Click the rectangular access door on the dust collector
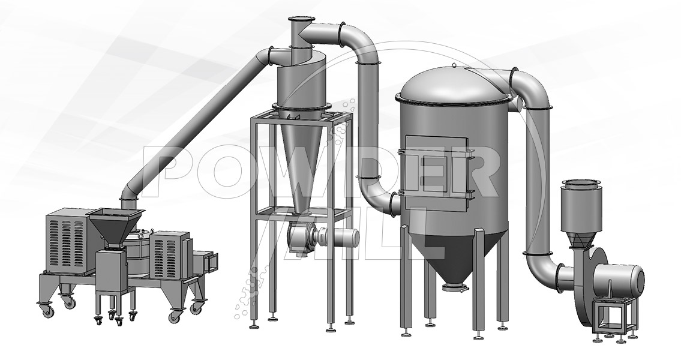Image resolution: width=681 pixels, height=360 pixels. point(436,169)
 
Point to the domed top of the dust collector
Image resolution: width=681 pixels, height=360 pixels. point(454,84)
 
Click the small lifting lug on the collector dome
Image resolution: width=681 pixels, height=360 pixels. point(454,65)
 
